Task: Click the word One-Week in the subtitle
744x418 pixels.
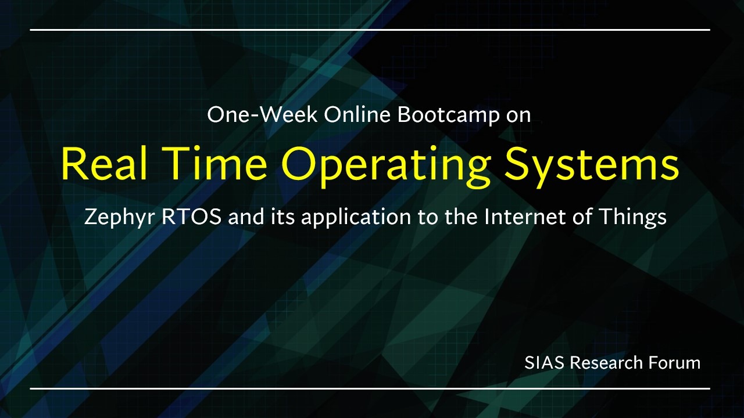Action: pyautogui.click(x=262, y=114)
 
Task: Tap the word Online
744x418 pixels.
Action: pyautogui.click(x=357, y=114)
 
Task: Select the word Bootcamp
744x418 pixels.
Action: pyautogui.click(x=449, y=116)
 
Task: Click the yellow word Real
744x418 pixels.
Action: pyautogui.click(x=104, y=164)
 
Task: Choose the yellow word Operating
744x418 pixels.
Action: pyautogui.click(x=387, y=167)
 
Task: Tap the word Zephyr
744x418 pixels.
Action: pyautogui.click(x=120, y=218)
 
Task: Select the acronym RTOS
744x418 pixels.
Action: pyautogui.click(x=191, y=217)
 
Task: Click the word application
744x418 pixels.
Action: pyautogui.click(x=356, y=218)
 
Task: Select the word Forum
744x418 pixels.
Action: pyautogui.click(x=675, y=363)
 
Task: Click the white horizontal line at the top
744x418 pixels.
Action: pyautogui.click(x=370, y=30)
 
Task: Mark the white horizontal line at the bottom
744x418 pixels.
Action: pyautogui.click(x=370, y=388)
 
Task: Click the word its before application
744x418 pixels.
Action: pyautogui.click(x=282, y=217)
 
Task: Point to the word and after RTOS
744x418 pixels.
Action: pyautogui.click(x=246, y=217)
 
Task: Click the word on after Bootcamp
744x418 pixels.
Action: pyautogui.click(x=518, y=117)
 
